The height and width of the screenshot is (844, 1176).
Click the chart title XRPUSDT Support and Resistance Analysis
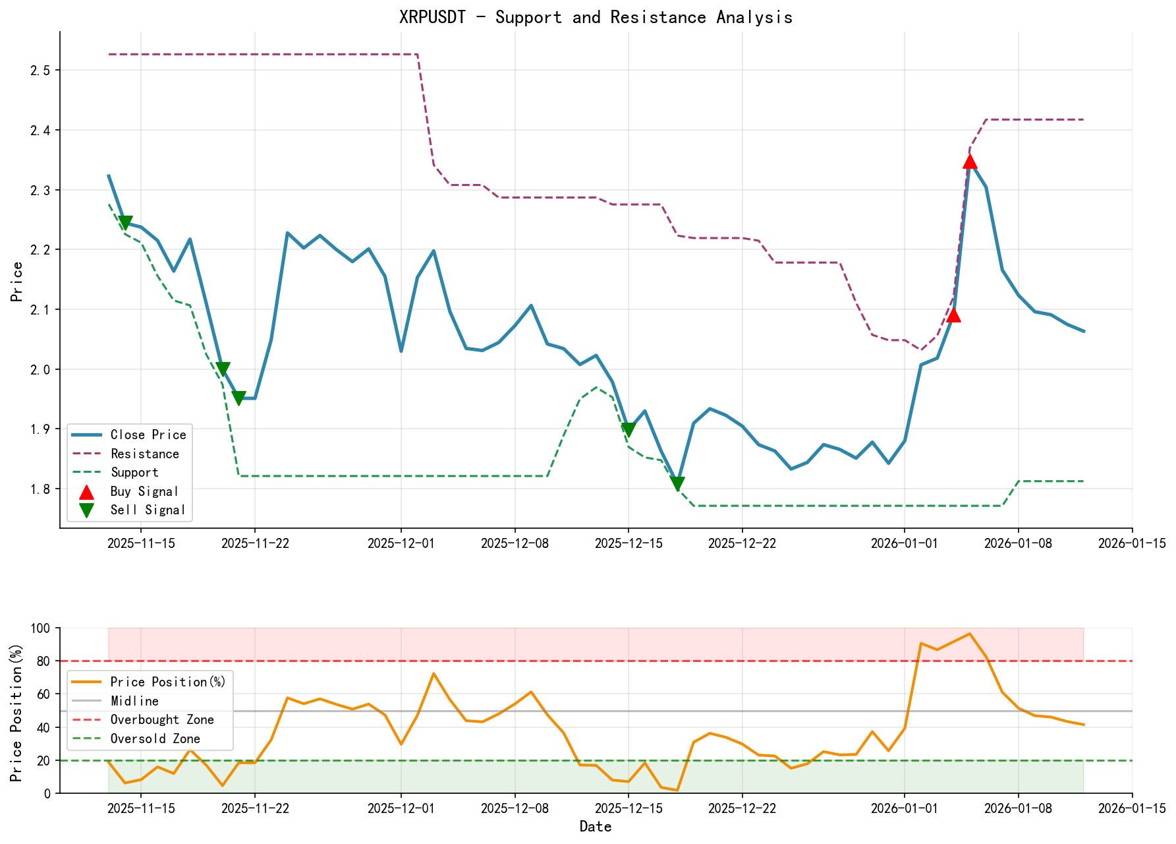[596, 17]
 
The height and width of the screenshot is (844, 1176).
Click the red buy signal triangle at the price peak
[969, 162]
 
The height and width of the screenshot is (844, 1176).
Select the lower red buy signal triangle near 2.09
[953, 315]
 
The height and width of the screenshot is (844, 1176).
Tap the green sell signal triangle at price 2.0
[223, 369]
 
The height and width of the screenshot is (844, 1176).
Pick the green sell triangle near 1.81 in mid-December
[677, 485]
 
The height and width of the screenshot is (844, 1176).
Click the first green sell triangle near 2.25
[125, 223]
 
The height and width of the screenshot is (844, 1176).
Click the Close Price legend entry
[148, 435]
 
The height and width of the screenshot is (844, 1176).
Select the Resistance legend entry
[144, 454]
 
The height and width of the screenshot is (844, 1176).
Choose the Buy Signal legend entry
[144, 491]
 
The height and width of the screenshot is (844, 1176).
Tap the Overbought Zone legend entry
[161, 719]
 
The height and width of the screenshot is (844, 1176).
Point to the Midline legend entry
[134, 701]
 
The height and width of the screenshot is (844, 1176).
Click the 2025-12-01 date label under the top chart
[401, 543]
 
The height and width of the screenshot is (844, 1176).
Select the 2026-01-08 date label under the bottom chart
[1018, 808]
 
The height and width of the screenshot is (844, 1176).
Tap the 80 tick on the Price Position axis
[43, 661]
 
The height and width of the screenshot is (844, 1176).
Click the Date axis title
[596, 826]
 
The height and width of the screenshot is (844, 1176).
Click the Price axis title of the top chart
[17, 281]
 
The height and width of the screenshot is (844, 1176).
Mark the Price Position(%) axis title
[17, 711]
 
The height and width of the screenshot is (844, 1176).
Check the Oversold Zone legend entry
[155, 738]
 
